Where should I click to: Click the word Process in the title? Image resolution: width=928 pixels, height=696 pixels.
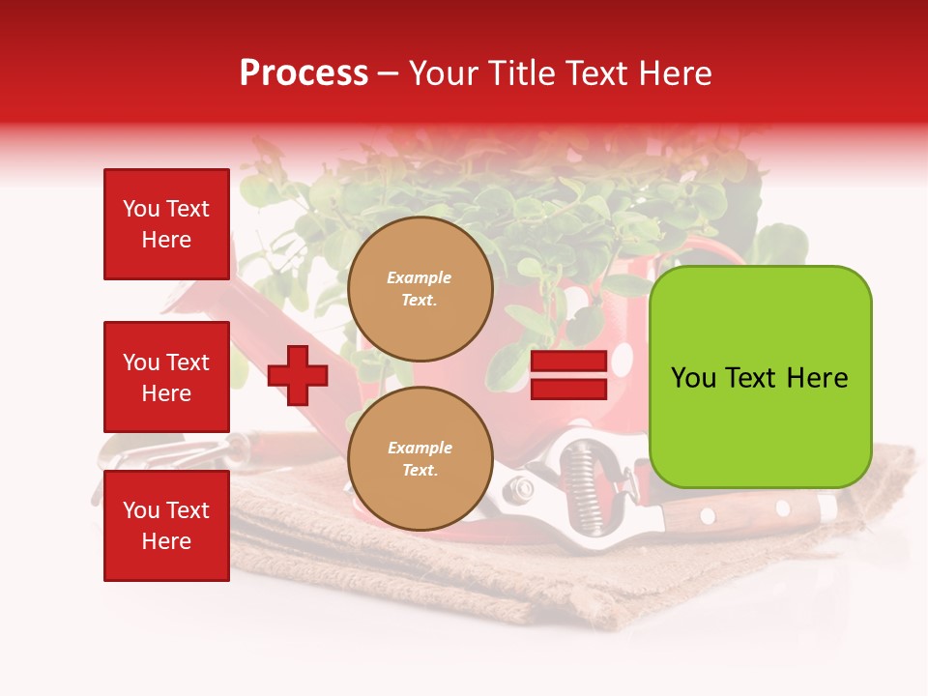304,73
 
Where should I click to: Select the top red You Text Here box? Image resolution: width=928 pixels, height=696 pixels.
166,224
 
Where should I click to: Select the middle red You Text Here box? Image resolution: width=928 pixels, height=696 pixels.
166,377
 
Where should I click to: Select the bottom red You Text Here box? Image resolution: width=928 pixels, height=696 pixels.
166,526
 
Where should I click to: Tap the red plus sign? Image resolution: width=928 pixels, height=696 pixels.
297,375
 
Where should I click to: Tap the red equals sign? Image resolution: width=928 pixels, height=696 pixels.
568,375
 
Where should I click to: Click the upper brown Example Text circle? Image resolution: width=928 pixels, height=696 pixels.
420,289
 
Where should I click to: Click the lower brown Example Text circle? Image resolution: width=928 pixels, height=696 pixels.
420,459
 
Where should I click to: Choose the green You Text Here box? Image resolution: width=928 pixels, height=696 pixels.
760,377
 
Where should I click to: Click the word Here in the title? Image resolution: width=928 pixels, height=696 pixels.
676,73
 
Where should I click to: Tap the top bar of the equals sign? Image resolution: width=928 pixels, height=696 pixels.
568,362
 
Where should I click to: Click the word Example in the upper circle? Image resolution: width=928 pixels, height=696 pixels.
420,277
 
